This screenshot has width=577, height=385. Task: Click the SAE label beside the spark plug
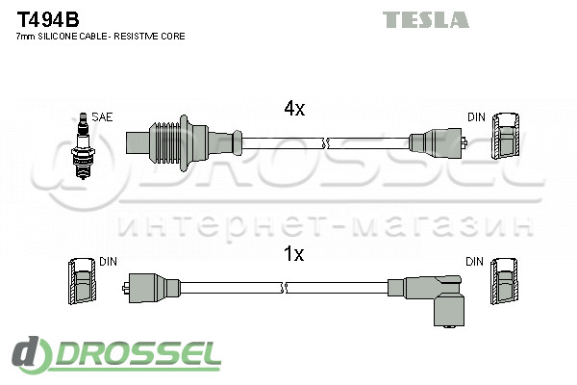(x=103, y=116)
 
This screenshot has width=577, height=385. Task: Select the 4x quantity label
(x=293, y=110)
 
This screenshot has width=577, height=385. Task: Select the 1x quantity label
(x=293, y=254)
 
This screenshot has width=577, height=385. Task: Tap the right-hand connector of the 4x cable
(x=438, y=142)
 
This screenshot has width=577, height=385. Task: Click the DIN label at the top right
(x=477, y=116)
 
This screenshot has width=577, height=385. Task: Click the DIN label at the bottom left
(x=108, y=261)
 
